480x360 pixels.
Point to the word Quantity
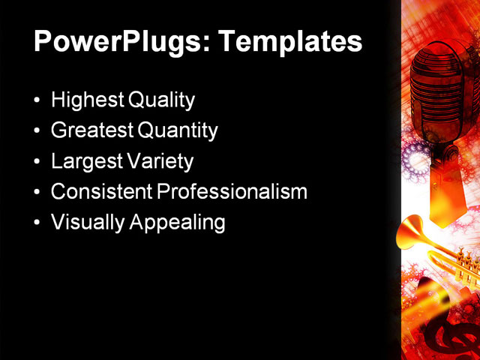click(x=178, y=130)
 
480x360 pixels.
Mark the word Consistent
click(x=101, y=191)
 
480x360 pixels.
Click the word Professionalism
click(x=232, y=191)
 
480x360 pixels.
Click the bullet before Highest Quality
click(x=38, y=100)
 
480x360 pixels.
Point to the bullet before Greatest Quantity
click(x=38, y=131)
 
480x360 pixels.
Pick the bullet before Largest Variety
click(x=38, y=162)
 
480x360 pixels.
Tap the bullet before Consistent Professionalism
click(x=38, y=192)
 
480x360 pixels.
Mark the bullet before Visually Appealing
click(x=38, y=223)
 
